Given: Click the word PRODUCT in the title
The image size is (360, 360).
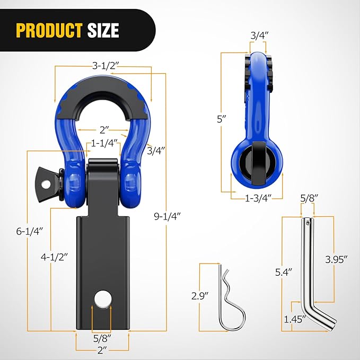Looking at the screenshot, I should [x=49, y=30].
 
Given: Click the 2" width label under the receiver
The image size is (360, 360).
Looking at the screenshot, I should [x=103, y=350].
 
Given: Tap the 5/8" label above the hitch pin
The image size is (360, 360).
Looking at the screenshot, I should [x=308, y=198].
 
